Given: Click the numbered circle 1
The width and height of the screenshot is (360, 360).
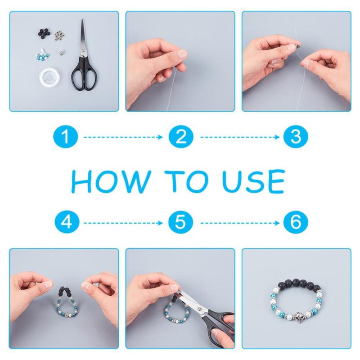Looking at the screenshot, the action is click(66, 137).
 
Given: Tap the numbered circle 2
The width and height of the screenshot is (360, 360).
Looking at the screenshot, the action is click(181, 137).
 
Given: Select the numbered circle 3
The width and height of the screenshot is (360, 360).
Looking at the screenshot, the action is click(296, 137).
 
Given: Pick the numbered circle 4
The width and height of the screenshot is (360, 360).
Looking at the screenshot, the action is click(67, 222).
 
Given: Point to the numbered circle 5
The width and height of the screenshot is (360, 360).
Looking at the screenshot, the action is click(180, 222).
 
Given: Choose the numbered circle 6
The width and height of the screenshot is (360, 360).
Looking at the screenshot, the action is click(296, 222).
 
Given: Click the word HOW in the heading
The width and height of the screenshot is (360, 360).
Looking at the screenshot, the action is click(111, 182).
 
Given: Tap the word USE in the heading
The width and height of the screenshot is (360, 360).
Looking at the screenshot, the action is click(253, 181).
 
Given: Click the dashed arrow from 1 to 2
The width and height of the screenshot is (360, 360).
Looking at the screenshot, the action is click(123, 137).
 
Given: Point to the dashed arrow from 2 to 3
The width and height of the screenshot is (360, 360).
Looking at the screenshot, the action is click(240, 137).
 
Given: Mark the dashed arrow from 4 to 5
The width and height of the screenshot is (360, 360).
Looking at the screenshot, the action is click(123, 223).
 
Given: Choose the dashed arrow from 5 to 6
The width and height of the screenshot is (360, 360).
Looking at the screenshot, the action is click(240, 223).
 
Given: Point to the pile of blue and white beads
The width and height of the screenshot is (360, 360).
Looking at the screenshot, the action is click(43, 56).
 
